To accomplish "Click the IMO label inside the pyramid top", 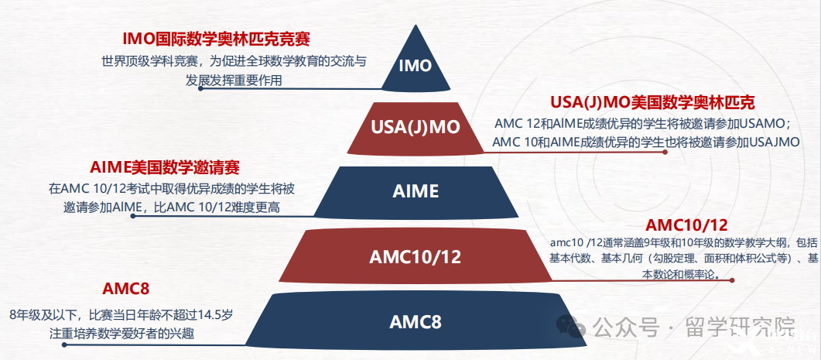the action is tap(416, 66).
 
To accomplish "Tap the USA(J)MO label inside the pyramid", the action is tap(416, 127).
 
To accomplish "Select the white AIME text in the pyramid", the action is tap(416, 191).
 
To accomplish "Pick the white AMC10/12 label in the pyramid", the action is tap(416, 257).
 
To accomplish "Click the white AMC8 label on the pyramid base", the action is tap(416, 322).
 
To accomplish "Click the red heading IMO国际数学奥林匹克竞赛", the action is tap(216, 39).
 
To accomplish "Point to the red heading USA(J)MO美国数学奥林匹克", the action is tap(652, 103).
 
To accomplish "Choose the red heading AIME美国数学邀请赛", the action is tap(165, 168).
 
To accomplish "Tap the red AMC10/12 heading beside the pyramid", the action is tap(686, 225).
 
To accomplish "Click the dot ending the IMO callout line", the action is tap(200, 88).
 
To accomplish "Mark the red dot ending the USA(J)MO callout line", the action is tap(665, 152).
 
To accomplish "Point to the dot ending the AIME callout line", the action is tap(133, 215).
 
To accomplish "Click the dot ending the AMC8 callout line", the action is tap(64, 345).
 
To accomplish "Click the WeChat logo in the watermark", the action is tap(571, 327).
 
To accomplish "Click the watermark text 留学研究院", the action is tap(740, 328).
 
